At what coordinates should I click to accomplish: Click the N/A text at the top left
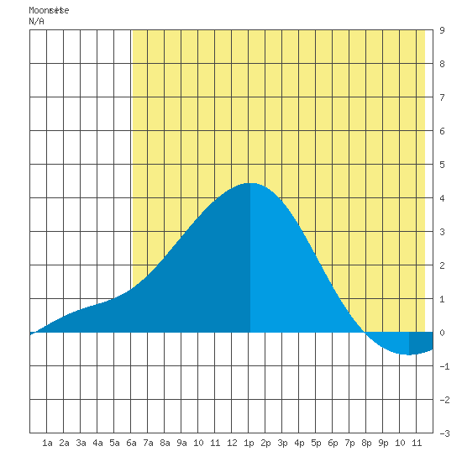pyautogui.click(x=36, y=22)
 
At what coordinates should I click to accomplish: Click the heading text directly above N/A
pyautogui.click(x=49, y=10)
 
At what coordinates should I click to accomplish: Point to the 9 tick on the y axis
pyautogui.click(x=442, y=30)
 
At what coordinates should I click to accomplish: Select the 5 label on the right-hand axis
pyautogui.click(x=442, y=165)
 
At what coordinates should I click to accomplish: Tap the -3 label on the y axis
pyautogui.click(x=444, y=433)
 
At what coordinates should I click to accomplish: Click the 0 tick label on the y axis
pyautogui.click(x=442, y=333)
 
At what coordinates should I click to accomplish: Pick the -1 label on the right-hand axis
pyautogui.click(x=444, y=366)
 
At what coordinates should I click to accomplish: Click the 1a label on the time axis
pyautogui.click(x=47, y=443)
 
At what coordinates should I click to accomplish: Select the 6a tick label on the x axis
pyautogui.click(x=131, y=443)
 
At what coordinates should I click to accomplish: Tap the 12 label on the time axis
pyautogui.click(x=232, y=443)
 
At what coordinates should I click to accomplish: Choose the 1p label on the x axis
pyautogui.click(x=249, y=443)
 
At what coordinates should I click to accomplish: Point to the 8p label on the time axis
pyautogui.click(x=366, y=443)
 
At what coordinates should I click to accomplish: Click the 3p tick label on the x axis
pyautogui.click(x=282, y=443)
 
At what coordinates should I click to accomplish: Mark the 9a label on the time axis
pyautogui.click(x=181, y=443)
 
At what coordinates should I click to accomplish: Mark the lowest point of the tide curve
pyautogui.click(x=409, y=354)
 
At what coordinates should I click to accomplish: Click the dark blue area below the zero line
pyautogui.click(x=420, y=343)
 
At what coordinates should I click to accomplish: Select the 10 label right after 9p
pyautogui.click(x=400, y=443)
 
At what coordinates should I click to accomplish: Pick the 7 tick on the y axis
pyautogui.click(x=442, y=97)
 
